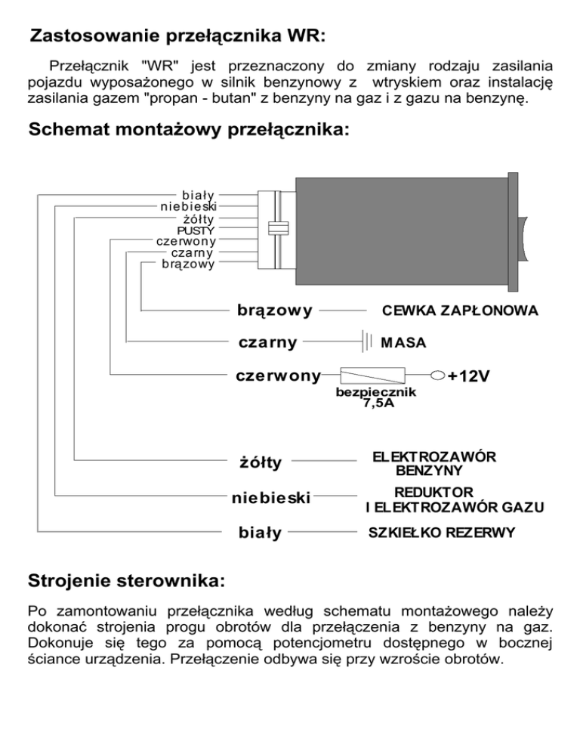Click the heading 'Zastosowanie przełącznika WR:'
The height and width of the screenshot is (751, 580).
pos(177,36)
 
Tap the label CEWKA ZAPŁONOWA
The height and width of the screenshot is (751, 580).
pos(459,311)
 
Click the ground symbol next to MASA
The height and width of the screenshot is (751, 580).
pos(366,342)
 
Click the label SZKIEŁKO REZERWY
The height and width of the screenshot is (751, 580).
pos(442,533)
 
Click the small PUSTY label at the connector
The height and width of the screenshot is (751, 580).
pos(196,229)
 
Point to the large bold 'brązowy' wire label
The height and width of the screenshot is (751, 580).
pos(275,310)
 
